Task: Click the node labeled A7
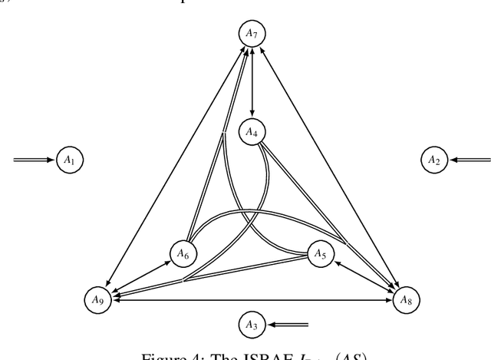[252, 33]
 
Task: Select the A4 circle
[252, 132]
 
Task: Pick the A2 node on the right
[433, 160]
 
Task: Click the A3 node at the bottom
[252, 325]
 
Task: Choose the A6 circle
[182, 252]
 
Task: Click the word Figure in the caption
[169, 354]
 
